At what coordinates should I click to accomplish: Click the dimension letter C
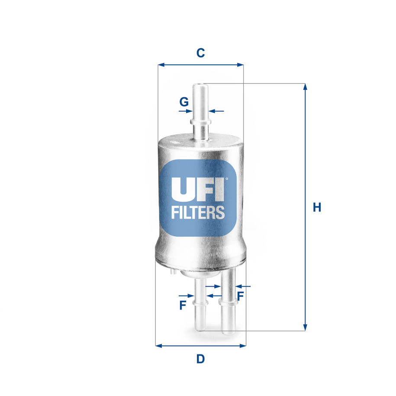[x=200, y=53]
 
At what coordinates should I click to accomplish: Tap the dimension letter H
[x=317, y=207]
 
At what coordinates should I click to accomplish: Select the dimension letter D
[x=200, y=359]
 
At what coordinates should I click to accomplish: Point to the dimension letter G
[x=184, y=102]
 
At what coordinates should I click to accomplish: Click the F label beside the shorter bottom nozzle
[x=183, y=305]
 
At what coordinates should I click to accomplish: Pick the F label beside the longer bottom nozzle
[x=241, y=296]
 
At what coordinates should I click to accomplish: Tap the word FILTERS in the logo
[x=198, y=212]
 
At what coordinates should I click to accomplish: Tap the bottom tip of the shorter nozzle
[x=200, y=329]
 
